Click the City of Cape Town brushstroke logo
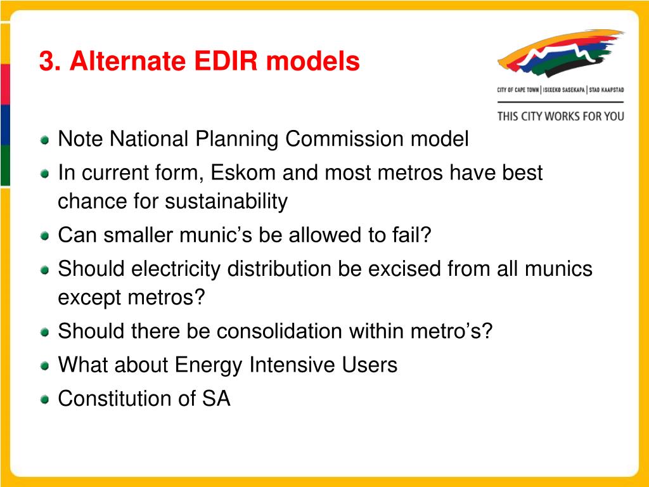[560, 53]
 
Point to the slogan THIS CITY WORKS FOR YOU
[560, 117]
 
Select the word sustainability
[226, 202]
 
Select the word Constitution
[115, 398]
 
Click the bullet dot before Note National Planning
[45, 140]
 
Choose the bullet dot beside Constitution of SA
[45, 399]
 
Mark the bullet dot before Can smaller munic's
[45, 237]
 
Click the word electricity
[176, 269]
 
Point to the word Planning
[236, 139]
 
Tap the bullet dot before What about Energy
[45, 366]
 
